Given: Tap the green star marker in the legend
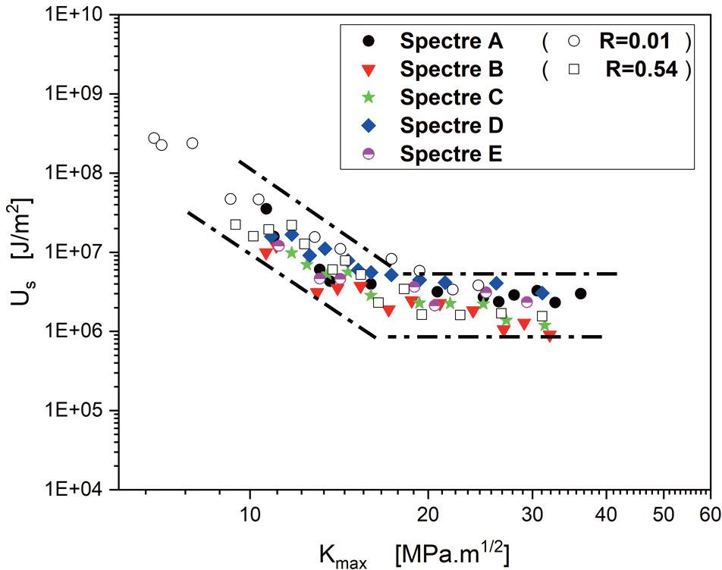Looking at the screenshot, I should pos(369,97).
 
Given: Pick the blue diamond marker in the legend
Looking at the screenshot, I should pos(369,124).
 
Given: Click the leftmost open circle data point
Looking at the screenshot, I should pos(154,138).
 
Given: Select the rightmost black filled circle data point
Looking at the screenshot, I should pos(581,293).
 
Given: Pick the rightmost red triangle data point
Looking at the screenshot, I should pos(550,336).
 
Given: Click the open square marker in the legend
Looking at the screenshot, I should pos(574,70).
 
